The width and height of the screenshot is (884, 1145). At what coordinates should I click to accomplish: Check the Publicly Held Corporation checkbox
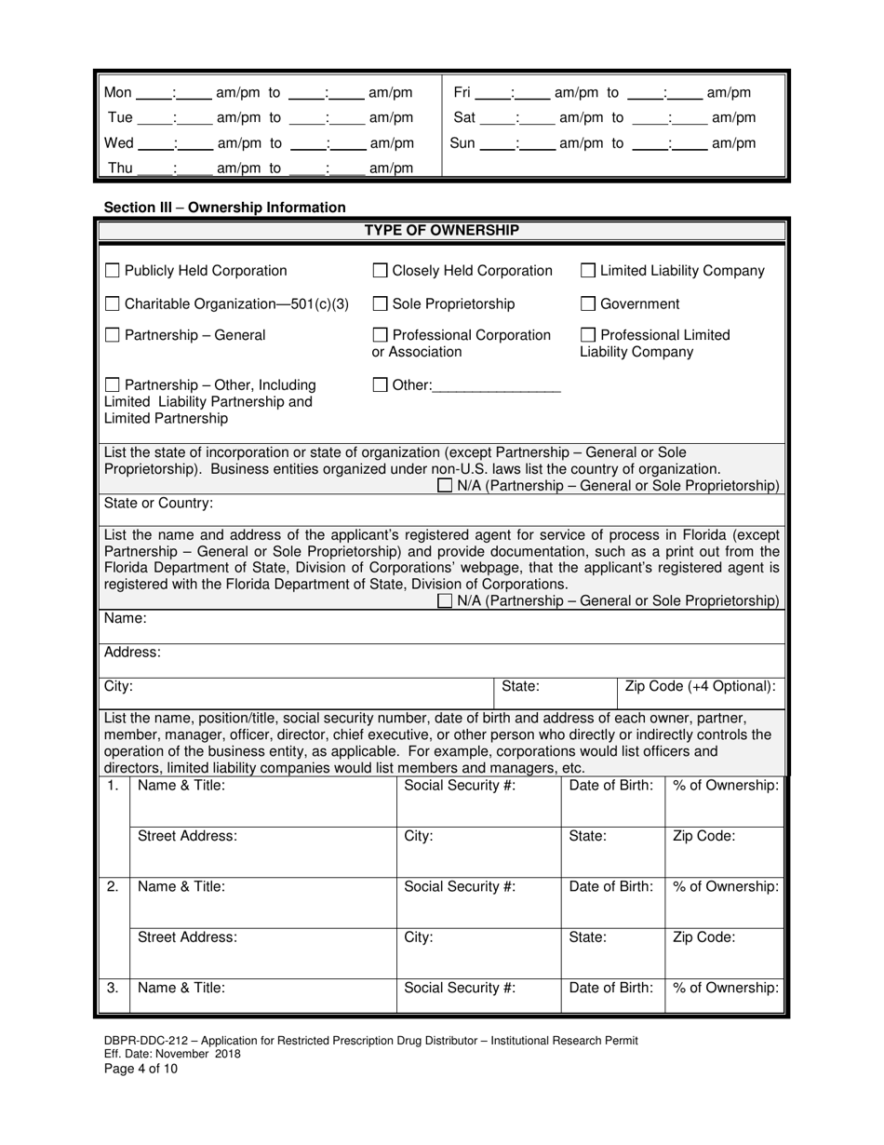pyautogui.click(x=113, y=271)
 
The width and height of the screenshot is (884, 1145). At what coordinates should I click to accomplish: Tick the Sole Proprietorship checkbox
pyautogui.click(x=380, y=303)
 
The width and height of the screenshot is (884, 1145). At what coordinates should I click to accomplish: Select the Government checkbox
pyautogui.click(x=588, y=303)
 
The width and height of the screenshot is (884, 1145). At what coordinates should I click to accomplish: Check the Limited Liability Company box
pyautogui.click(x=588, y=271)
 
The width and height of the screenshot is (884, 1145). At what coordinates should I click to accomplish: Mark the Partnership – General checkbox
pyautogui.click(x=113, y=335)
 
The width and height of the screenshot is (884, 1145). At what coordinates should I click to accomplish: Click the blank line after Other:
pyautogui.click(x=497, y=386)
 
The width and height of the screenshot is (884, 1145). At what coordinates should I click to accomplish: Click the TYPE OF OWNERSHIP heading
pyautogui.click(x=441, y=231)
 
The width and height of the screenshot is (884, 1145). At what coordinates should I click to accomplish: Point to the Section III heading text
pyautogui.click(x=224, y=208)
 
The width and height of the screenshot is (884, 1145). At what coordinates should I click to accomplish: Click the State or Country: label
pyautogui.click(x=158, y=504)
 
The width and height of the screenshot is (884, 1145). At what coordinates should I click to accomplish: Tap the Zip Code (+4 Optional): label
pyautogui.click(x=700, y=687)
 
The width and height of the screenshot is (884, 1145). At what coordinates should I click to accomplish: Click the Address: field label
pyautogui.click(x=132, y=653)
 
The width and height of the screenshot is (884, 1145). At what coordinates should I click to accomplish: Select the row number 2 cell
pyautogui.click(x=113, y=887)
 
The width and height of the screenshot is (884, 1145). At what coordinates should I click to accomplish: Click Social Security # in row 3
pyautogui.click(x=460, y=989)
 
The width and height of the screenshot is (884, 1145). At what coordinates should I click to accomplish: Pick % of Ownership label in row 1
pyautogui.click(x=726, y=786)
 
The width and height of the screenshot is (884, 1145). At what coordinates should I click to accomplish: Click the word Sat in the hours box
pyautogui.click(x=464, y=118)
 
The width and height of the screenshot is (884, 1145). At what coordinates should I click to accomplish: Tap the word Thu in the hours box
pyautogui.click(x=121, y=168)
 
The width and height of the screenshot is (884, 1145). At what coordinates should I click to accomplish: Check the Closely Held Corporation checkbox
pyautogui.click(x=380, y=271)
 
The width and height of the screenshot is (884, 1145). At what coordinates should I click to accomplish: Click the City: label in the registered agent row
pyautogui.click(x=119, y=687)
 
